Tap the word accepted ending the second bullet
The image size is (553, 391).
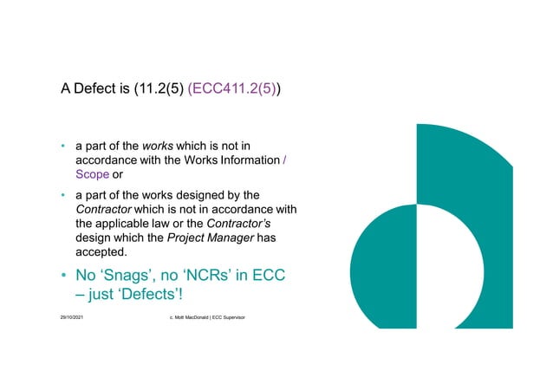[x=101, y=253]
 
